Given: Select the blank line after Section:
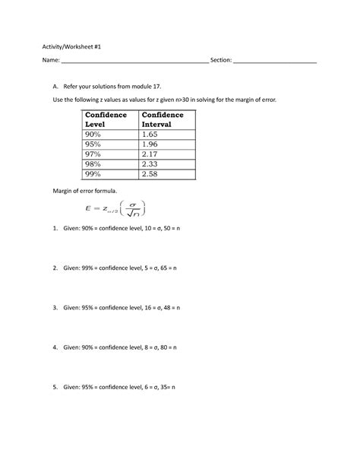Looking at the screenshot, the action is [275, 62].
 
